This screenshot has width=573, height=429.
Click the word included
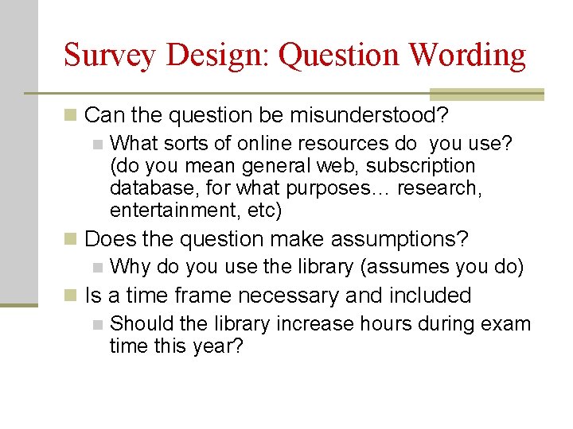[430, 296]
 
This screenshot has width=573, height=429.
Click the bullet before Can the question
[72, 116]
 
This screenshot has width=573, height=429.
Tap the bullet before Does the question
[72, 239]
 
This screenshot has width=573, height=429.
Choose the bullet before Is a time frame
[72, 296]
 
